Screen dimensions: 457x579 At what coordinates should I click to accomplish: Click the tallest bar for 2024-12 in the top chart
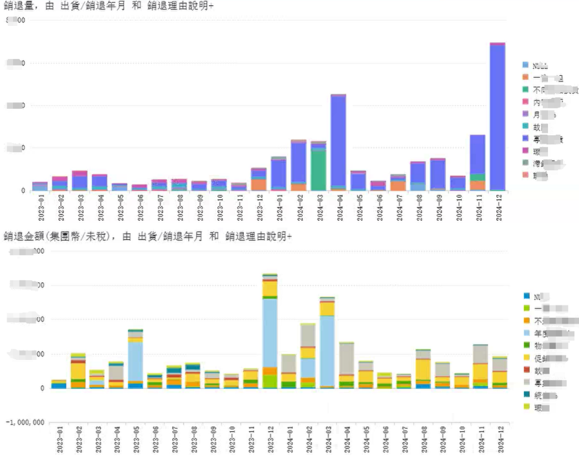click(x=497, y=117)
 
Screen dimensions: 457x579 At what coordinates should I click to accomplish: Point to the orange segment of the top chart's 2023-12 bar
click(x=259, y=184)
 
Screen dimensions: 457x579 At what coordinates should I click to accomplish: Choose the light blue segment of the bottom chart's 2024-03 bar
click(x=327, y=350)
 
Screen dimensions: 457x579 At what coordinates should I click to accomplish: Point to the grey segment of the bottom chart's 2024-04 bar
click(x=347, y=359)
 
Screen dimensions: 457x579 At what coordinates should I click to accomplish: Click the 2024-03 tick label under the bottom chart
click(x=329, y=438)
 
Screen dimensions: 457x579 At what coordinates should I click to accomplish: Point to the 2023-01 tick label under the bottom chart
click(x=60, y=438)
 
